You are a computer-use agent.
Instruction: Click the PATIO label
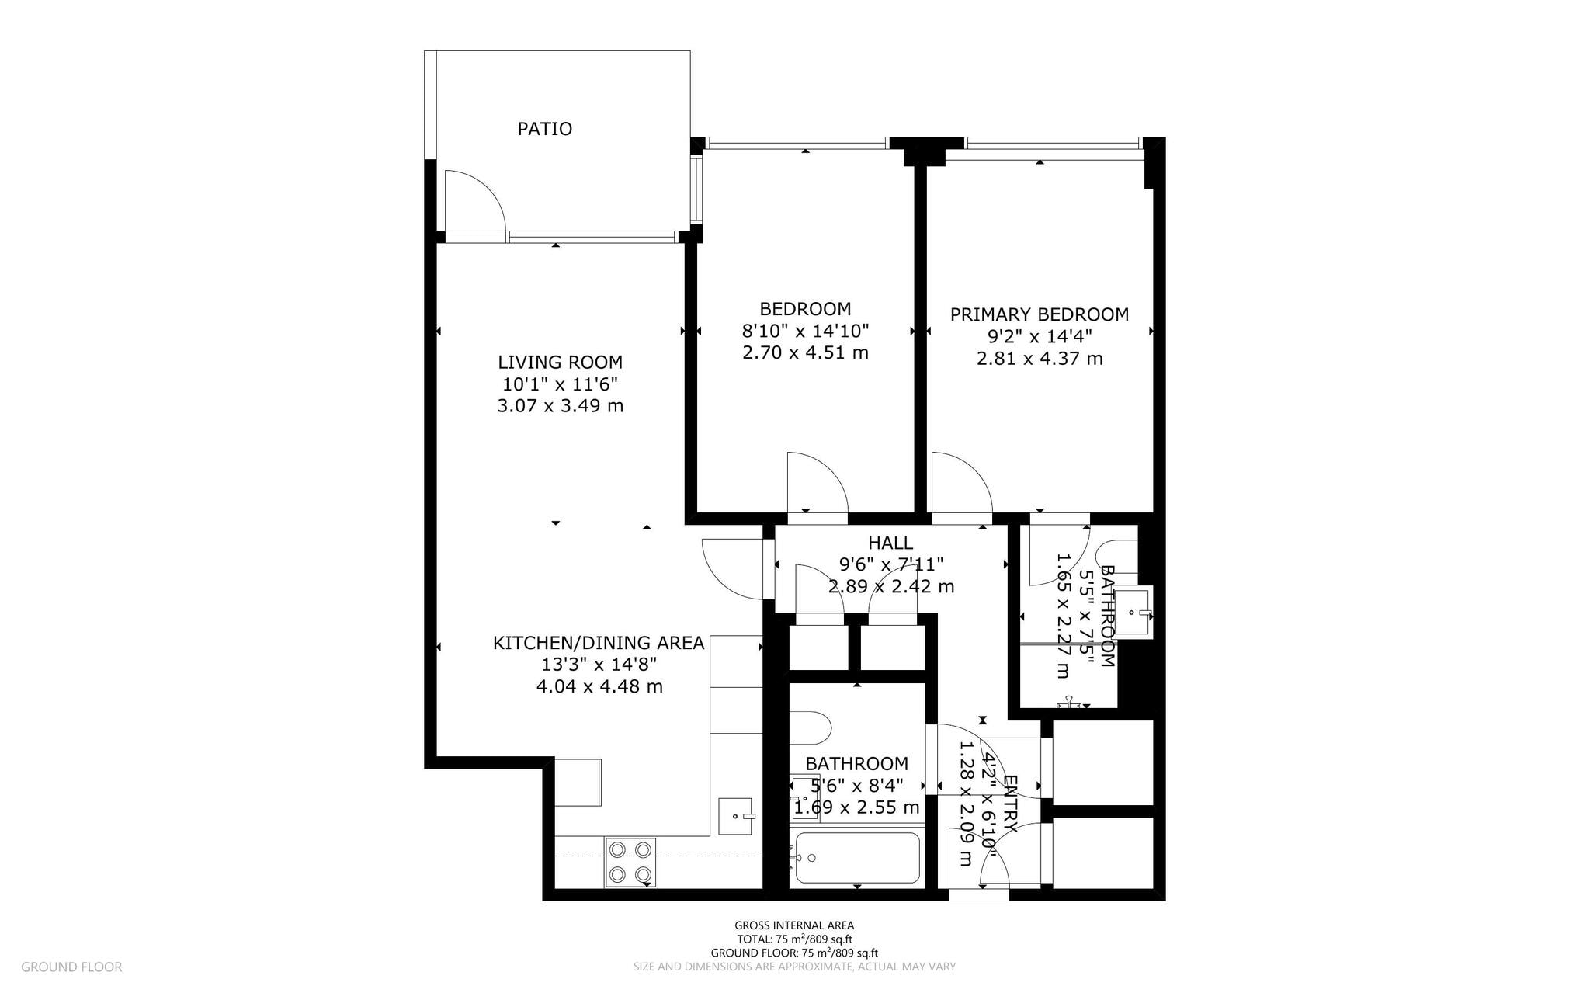click(x=545, y=129)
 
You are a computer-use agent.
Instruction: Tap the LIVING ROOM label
click(x=560, y=362)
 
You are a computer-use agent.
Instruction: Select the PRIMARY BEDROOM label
click(x=1040, y=314)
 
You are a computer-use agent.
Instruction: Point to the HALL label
click(x=890, y=543)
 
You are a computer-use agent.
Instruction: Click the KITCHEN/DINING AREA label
click(x=599, y=643)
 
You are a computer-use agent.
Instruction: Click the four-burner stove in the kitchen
click(x=630, y=862)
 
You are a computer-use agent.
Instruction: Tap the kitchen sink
click(x=736, y=816)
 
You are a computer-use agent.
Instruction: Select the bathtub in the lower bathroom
click(x=857, y=858)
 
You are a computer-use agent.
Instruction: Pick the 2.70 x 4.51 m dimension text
click(x=805, y=352)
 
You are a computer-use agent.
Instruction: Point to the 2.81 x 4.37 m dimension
click(x=1040, y=359)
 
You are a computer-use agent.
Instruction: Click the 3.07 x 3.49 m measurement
click(x=560, y=405)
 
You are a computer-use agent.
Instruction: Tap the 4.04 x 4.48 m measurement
click(x=599, y=686)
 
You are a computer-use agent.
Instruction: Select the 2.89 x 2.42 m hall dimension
click(x=890, y=586)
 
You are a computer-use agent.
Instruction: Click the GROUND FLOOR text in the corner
click(x=71, y=967)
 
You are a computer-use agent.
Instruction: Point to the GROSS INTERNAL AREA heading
click(x=794, y=925)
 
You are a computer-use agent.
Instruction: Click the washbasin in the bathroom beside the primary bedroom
click(x=1138, y=612)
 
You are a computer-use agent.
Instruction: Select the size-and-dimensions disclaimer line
click(x=794, y=967)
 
